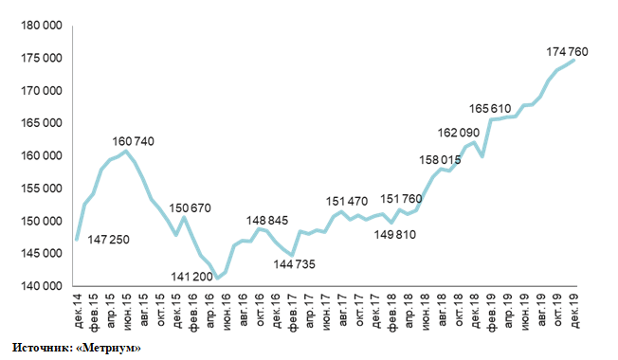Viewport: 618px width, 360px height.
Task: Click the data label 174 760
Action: (567, 51)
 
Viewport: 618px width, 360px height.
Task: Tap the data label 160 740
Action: (134, 141)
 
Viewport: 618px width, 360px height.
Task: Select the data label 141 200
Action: (192, 277)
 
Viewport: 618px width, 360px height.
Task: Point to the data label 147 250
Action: (108, 240)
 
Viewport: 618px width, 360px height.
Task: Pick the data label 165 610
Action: (490, 108)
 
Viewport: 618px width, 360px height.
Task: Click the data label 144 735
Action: (295, 264)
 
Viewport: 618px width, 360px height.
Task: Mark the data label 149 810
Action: (395, 235)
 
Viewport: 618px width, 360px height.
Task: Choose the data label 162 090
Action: (459, 133)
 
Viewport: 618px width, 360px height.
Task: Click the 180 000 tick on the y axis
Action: (42, 26)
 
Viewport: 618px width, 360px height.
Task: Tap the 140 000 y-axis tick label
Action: (42, 286)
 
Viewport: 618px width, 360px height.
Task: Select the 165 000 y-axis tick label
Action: (42, 123)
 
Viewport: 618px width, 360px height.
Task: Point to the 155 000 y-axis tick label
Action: (42, 189)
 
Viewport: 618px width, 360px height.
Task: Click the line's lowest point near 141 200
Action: (218, 279)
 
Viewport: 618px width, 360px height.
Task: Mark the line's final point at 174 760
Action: (574, 60)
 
